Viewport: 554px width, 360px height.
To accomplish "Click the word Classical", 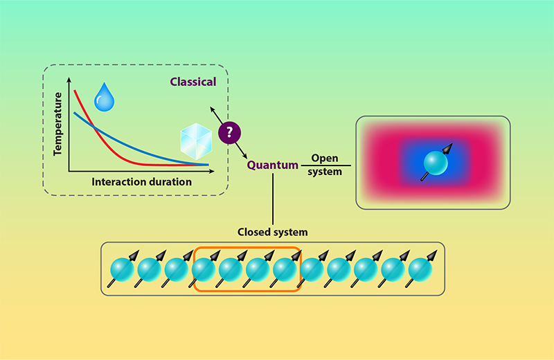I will point(193,82).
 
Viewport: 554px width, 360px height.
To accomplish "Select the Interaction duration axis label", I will point(141,182).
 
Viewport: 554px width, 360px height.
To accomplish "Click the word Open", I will point(325,159).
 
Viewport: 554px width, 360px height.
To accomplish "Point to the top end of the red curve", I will point(75,91).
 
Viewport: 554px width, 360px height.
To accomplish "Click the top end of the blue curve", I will point(74,114).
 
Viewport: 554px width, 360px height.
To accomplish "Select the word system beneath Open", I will point(325,172).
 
